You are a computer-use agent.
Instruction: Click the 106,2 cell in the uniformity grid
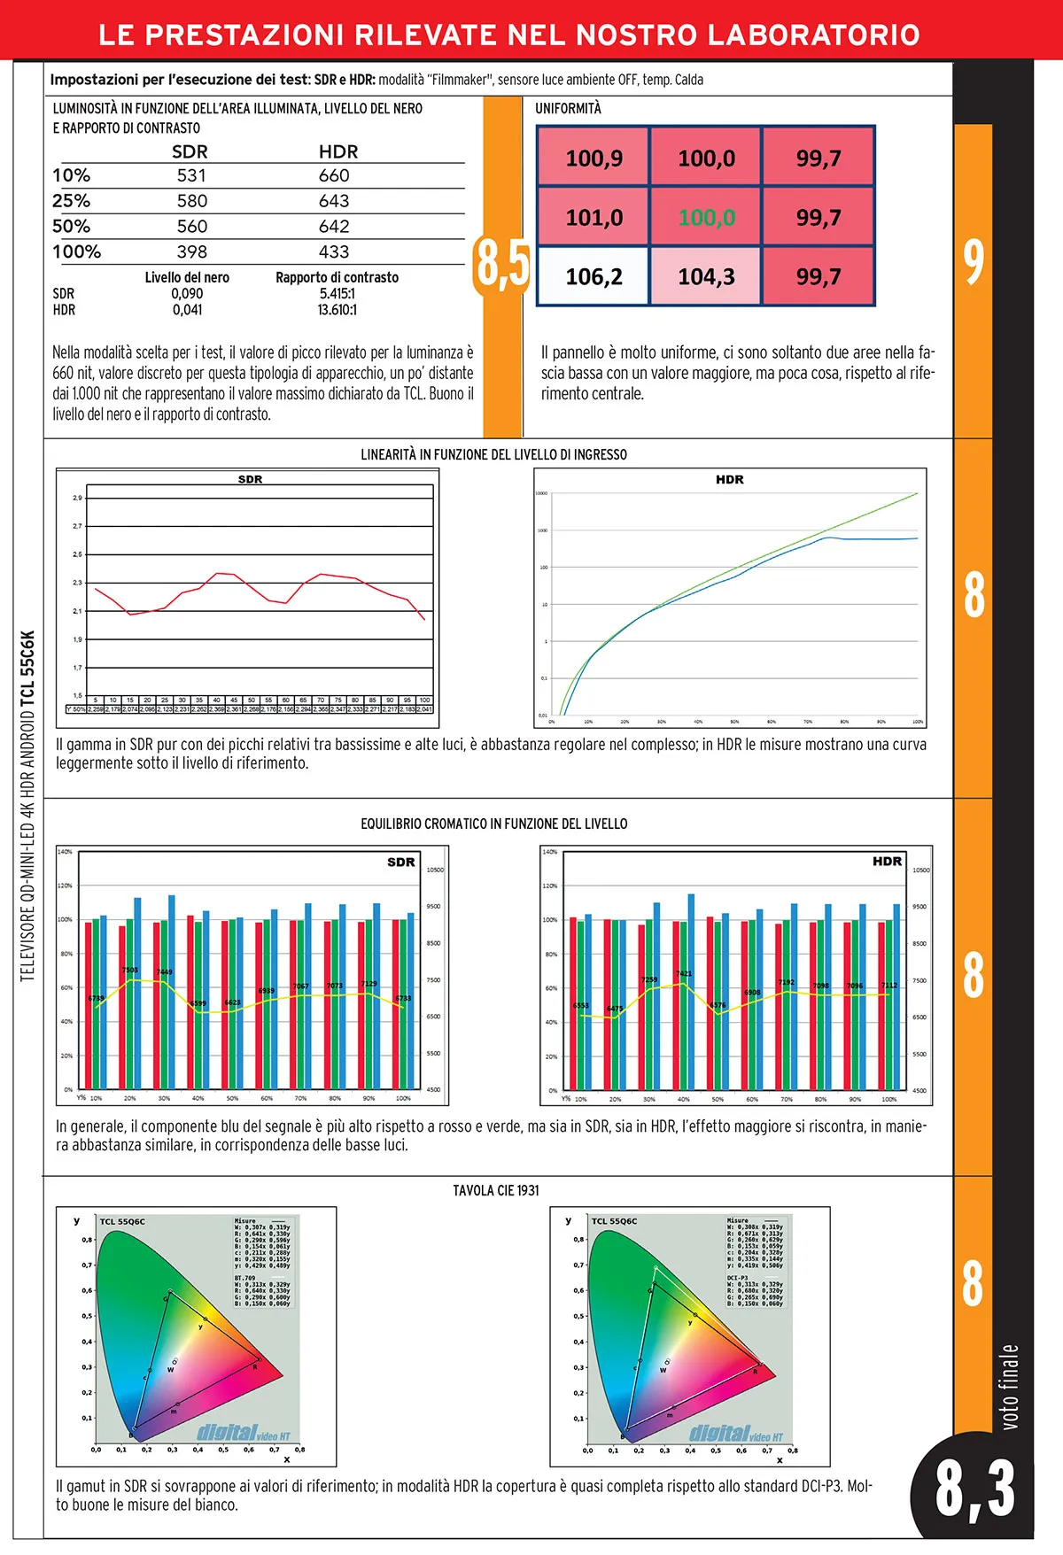594,276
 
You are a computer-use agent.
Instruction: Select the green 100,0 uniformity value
706,217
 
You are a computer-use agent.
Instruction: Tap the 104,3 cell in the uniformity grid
706,276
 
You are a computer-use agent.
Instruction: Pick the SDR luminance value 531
191,175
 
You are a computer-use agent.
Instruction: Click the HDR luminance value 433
334,251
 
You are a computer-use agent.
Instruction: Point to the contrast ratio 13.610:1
338,310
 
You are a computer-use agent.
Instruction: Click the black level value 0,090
187,293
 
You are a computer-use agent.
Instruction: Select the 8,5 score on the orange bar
501,263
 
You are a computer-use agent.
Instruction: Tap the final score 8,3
974,1489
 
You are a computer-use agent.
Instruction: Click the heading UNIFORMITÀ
568,108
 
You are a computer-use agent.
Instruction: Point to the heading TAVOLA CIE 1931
496,1190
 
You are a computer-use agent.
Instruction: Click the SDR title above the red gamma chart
250,479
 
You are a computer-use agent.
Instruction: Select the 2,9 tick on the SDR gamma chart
78,498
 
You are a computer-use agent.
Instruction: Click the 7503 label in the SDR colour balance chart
130,971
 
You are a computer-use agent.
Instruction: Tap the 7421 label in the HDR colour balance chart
684,973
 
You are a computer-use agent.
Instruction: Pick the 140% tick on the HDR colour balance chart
549,852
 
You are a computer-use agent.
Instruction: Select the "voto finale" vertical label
1010,1386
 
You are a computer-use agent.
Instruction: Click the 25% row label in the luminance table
72,201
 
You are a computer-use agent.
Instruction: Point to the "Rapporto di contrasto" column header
337,277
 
